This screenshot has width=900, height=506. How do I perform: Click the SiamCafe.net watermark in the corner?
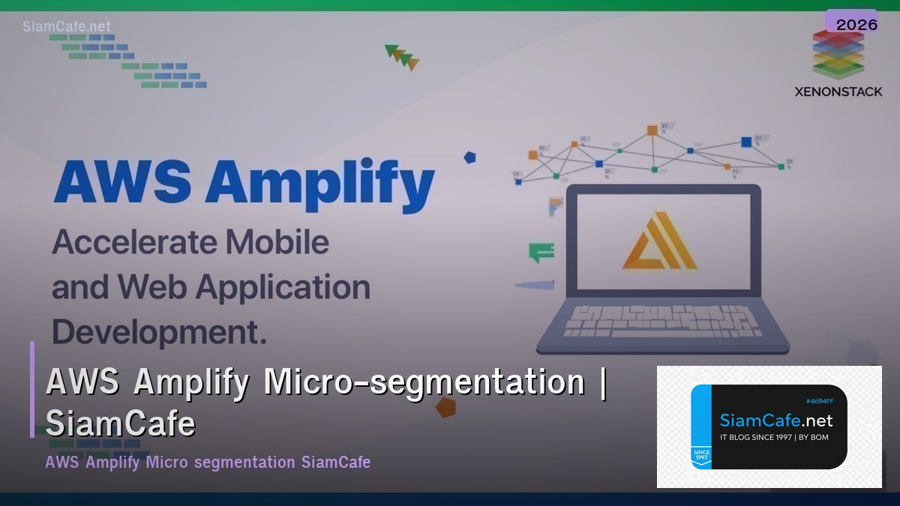tap(67, 26)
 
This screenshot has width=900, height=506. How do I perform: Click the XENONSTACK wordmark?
tap(838, 91)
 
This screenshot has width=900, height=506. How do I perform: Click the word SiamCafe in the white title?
tap(120, 424)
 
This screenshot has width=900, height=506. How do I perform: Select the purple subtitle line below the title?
tap(208, 462)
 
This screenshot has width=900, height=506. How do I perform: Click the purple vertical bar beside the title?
tap(32, 389)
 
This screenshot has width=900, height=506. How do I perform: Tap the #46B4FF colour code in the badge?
tap(819, 401)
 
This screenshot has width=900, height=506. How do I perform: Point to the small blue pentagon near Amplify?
tap(469, 157)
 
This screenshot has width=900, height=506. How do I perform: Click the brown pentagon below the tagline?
tap(446, 407)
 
